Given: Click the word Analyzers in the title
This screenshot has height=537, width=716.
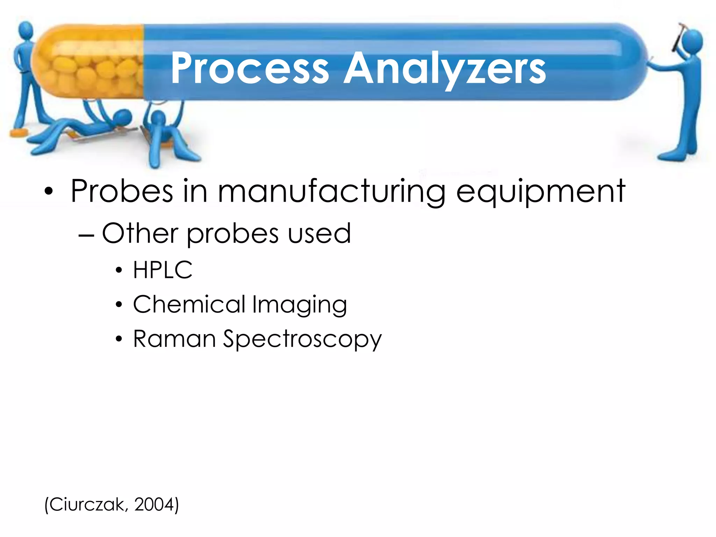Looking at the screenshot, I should [x=444, y=68].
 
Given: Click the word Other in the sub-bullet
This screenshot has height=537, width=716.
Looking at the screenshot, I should [x=140, y=233].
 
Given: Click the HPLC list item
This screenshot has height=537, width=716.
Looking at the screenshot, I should [x=163, y=270].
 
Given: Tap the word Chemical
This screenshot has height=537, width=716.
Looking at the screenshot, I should [x=189, y=304].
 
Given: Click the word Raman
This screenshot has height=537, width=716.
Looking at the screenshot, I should [x=174, y=339].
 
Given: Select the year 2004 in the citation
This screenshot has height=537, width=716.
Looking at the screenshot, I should [x=154, y=505].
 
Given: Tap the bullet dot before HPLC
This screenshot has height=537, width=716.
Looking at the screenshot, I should [x=119, y=270].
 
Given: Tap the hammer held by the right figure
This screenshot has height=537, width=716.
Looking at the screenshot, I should [x=679, y=35].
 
